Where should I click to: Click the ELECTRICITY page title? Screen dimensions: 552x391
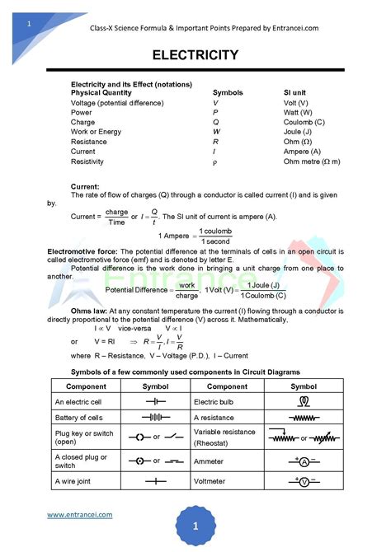pyautogui.click(x=195, y=55)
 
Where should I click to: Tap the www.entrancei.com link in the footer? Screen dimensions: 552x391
pyautogui.click(x=79, y=514)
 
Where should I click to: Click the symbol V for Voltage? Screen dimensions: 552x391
pyautogui.click(x=216, y=103)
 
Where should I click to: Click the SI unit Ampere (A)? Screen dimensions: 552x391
pyautogui.click(x=302, y=152)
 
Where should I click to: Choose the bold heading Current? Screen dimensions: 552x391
pyautogui.click(x=85, y=187)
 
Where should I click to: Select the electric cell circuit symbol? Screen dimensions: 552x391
pyautogui.click(x=155, y=401)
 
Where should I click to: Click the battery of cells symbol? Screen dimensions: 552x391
pyautogui.click(x=155, y=418)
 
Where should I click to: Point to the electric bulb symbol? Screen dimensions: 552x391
pyautogui.click(x=304, y=401)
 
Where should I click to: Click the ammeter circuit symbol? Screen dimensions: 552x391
pyautogui.click(x=304, y=461)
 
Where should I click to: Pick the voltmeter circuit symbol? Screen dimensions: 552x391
pyautogui.click(x=304, y=481)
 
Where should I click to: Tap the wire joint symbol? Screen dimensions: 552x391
pyautogui.click(x=155, y=481)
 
